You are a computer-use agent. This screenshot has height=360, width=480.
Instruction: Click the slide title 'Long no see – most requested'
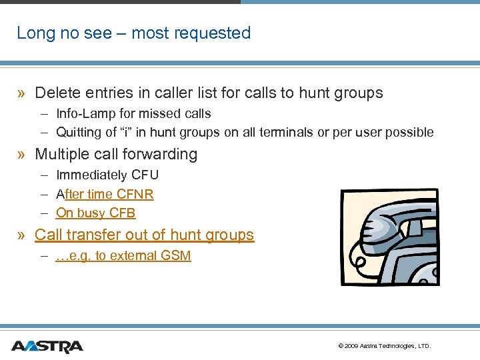pos(133,33)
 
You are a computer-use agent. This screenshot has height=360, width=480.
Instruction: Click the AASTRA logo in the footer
pos(47,346)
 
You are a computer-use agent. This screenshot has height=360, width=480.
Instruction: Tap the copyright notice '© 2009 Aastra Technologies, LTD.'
pos(385,346)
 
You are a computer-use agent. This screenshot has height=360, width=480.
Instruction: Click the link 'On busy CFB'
pos(95,213)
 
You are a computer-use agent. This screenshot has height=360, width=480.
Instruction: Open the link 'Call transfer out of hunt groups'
pos(144,235)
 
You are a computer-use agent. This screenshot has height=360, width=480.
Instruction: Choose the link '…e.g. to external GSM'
pos(123,255)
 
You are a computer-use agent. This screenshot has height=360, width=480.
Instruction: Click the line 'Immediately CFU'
pos(107,175)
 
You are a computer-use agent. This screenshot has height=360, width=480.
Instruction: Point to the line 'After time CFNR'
pos(105,194)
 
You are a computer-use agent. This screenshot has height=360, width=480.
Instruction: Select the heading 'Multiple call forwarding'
pos(116,154)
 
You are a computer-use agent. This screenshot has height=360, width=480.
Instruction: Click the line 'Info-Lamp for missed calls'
pos(133,113)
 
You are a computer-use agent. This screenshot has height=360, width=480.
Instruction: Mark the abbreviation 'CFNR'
pos(135,194)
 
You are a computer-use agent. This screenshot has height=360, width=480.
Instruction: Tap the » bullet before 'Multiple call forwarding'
pos(22,155)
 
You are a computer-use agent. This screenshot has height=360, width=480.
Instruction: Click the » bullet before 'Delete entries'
pos(22,93)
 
